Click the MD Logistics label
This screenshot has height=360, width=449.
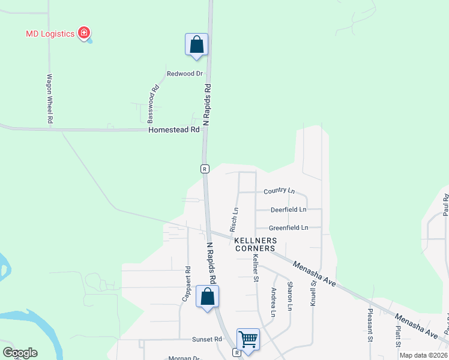tap(50, 33)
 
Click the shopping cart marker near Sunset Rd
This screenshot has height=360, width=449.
tap(248, 340)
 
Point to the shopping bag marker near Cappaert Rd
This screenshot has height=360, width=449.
tap(207, 297)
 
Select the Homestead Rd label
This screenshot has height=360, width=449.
tap(174, 130)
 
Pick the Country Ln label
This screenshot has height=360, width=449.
tap(279, 191)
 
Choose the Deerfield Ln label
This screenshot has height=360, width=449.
tap(288, 210)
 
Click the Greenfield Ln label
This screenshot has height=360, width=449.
tap(288, 228)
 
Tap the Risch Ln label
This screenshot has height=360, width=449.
tap(234, 220)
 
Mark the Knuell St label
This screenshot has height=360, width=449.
tap(313, 293)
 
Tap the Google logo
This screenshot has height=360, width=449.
tap(20, 353)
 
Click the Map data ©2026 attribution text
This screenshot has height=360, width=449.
tap(423, 355)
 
